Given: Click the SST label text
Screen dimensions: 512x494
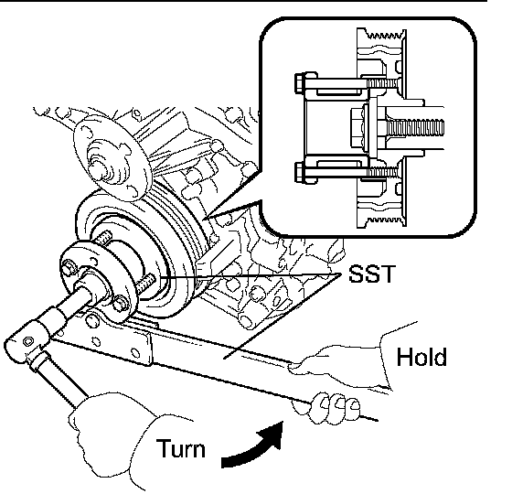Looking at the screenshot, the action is tap(372, 274).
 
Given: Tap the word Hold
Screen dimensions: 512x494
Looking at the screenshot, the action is tap(421, 357).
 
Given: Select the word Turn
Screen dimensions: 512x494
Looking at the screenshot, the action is tap(181, 448).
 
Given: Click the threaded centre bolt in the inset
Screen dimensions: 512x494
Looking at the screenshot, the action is tap(411, 128).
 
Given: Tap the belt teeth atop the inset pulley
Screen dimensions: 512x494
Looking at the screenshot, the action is tap(384, 35).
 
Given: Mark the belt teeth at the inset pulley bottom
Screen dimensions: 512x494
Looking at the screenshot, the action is tap(384, 220).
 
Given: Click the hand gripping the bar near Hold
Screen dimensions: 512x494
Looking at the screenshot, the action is tap(343, 361).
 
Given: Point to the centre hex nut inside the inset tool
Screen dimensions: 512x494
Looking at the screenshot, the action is tap(358, 128).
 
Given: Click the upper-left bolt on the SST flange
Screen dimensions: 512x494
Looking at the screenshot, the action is tap(69, 267).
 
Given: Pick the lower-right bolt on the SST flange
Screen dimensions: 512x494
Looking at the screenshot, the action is tap(121, 303).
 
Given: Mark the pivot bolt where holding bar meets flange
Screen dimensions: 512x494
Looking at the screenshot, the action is tap(92, 319).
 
